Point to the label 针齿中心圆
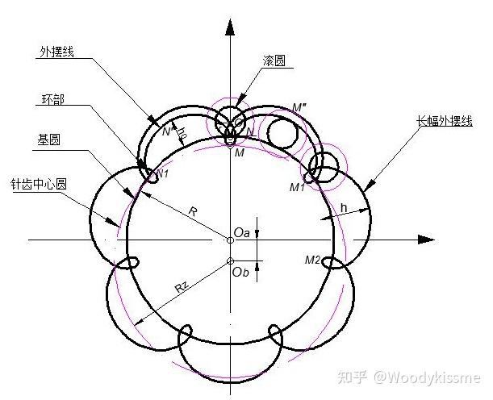point(36,183)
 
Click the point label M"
point(301,107)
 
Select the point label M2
point(313,260)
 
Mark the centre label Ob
point(240,272)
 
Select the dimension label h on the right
point(343,208)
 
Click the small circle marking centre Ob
point(230,260)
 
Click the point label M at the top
point(240,153)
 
